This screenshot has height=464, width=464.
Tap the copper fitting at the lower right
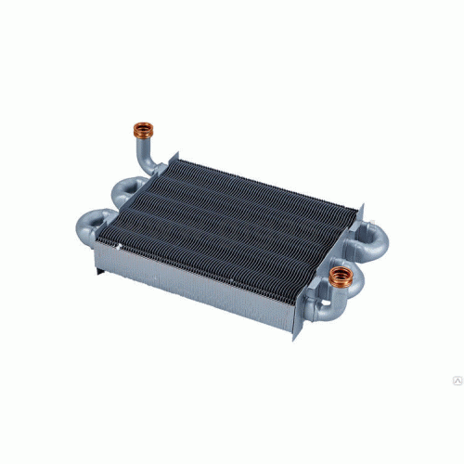[x=342, y=275]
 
